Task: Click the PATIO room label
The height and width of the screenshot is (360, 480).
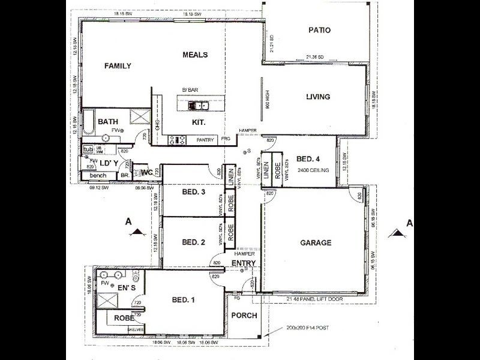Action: coord(320,30)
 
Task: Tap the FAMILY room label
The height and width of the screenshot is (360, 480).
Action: coord(118,66)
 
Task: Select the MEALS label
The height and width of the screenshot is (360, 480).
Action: coord(195,55)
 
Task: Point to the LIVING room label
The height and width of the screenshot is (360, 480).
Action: coord(318,97)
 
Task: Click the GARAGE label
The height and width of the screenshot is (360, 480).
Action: coord(316,243)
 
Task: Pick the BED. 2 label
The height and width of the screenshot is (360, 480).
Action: coord(194,242)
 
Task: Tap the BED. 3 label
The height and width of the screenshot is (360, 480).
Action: coord(194,192)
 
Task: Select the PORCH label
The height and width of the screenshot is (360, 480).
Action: coord(244,316)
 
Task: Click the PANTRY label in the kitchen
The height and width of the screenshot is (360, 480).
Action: coord(205,140)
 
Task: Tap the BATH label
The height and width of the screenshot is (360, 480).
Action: coord(108,121)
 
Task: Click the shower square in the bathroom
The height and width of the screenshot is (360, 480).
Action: coord(139,116)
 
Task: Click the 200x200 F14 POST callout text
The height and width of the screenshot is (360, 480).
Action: coord(304,329)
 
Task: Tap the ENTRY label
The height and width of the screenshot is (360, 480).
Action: coord(244,263)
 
